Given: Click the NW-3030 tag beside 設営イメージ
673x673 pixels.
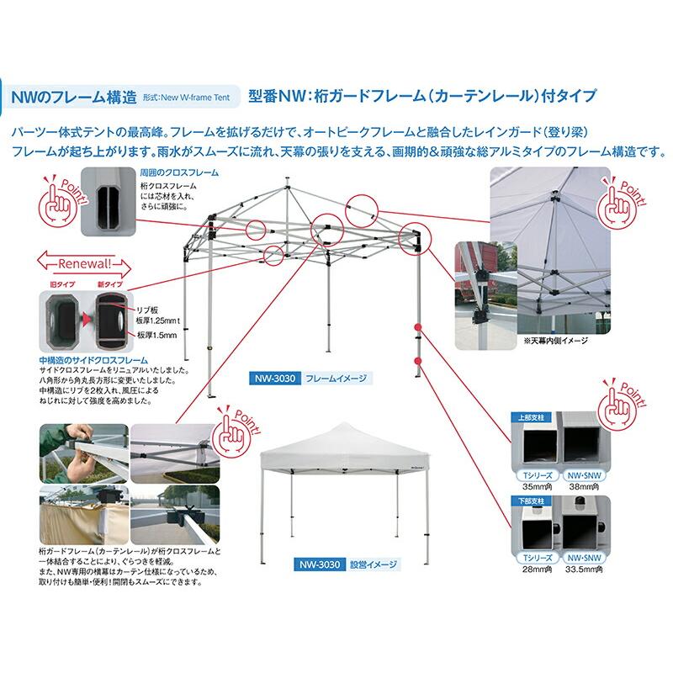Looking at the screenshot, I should coord(315,564).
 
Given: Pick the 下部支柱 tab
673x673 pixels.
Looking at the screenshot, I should coord(530,500).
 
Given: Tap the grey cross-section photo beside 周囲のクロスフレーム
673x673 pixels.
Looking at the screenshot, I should coord(108,201).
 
